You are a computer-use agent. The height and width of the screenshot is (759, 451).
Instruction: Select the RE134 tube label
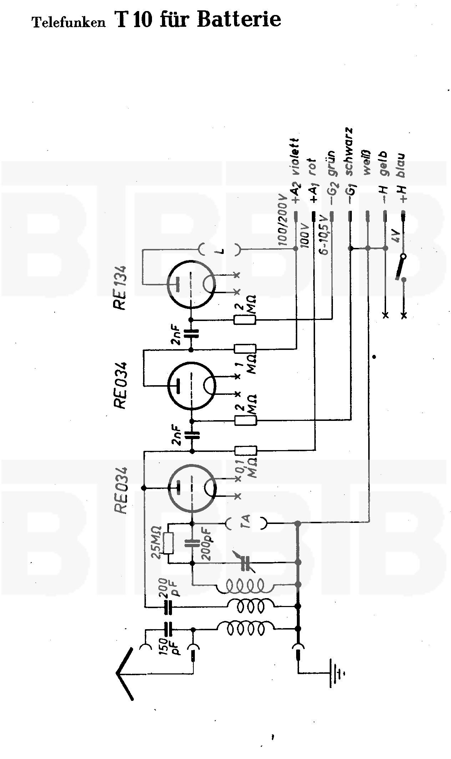[120, 288]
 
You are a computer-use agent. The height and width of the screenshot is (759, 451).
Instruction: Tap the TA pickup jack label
[247, 523]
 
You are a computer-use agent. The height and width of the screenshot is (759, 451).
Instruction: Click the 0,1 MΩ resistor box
[245, 451]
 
